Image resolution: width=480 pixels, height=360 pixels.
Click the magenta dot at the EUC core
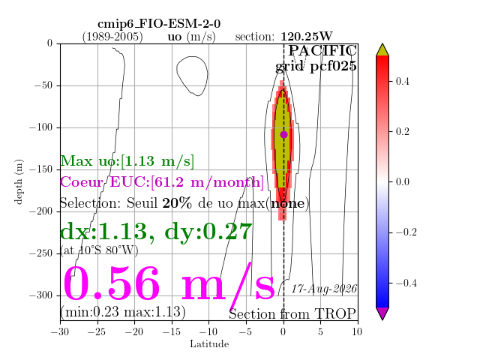(283, 134)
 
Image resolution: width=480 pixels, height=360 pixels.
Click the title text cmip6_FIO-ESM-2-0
(159, 24)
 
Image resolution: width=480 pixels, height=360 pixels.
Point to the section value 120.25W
(307, 37)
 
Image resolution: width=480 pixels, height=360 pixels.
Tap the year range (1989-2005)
(112, 37)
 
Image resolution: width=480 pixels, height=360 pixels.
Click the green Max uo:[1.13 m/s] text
(127, 161)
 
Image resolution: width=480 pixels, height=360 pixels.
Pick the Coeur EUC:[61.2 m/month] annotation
(162, 181)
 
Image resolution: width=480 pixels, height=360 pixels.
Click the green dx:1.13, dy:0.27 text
(156, 232)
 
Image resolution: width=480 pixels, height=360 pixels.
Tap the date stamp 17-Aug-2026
(324, 289)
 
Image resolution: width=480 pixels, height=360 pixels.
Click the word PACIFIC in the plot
(322, 50)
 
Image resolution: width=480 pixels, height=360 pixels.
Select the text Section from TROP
(292, 314)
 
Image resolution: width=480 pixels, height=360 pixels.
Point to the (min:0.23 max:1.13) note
(123, 312)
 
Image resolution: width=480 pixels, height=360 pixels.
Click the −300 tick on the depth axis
(41, 295)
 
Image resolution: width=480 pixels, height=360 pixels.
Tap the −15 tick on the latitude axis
(172, 331)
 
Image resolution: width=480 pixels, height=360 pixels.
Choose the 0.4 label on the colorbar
(402, 82)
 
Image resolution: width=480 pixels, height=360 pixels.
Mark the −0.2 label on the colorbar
(406, 232)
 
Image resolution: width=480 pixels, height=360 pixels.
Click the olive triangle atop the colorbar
(382, 49)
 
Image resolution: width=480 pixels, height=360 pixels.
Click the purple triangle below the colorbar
(382, 313)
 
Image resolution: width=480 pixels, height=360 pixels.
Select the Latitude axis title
(209, 344)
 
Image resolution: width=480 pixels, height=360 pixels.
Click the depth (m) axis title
(19, 181)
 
